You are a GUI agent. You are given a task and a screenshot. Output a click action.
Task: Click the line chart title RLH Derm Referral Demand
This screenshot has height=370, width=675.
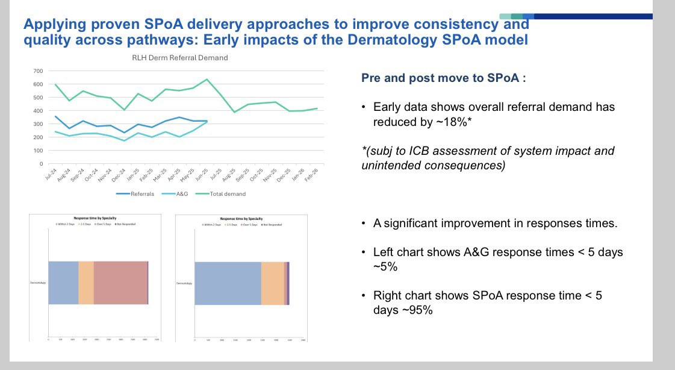(x=180, y=58)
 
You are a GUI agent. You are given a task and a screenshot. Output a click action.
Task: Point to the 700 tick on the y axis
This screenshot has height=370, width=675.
(x=37, y=71)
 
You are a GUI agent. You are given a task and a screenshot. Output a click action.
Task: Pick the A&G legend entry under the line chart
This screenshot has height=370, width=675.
(x=176, y=194)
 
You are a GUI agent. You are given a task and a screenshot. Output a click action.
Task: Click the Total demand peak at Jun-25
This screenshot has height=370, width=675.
(x=207, y=79)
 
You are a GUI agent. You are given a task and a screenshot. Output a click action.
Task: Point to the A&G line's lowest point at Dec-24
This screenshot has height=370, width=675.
(x=123, y=141)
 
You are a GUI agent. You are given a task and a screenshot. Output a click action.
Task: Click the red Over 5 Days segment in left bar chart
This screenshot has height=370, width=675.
(x=120, y=283)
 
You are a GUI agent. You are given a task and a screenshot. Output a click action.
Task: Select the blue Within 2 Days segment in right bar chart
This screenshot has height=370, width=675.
(x=228, y=283)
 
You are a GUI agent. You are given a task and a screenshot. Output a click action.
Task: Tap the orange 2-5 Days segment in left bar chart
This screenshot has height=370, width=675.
(x=86, y=283)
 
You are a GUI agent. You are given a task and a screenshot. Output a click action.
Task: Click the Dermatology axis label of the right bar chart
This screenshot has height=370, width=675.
(x=184, y=283)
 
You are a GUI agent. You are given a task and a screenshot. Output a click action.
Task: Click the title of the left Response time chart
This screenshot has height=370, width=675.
(x=92, y=219)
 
